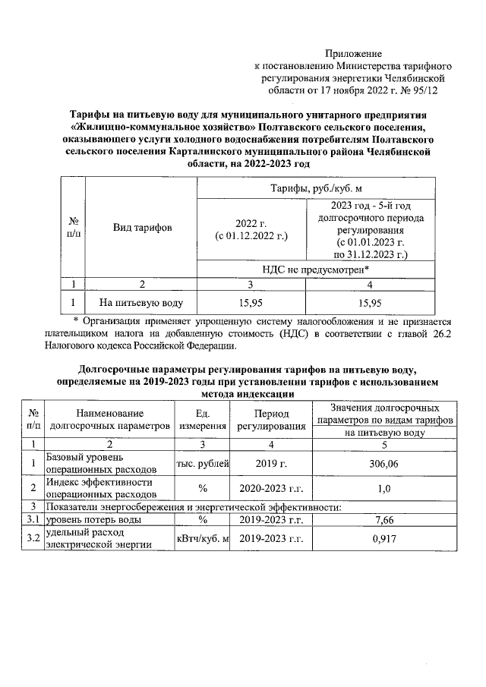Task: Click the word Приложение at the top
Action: pos(353,54)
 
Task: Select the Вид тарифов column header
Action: pos(142,228)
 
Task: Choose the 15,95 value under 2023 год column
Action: pos(370,302)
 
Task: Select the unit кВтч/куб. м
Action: pos(203,539)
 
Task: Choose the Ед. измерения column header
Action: pos(203,420)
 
